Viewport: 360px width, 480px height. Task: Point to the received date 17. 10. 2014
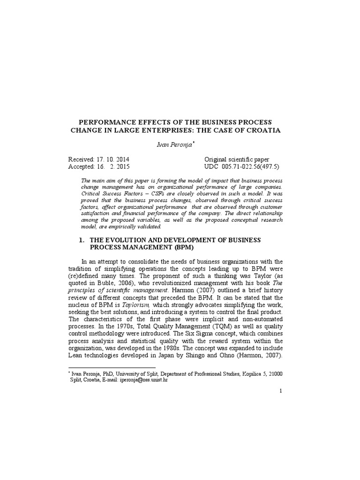click(113, 159)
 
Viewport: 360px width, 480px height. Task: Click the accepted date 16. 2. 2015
click(113, 166)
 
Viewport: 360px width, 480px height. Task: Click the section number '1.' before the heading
click(82, 240)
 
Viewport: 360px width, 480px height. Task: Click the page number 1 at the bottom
click(280, 404)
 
